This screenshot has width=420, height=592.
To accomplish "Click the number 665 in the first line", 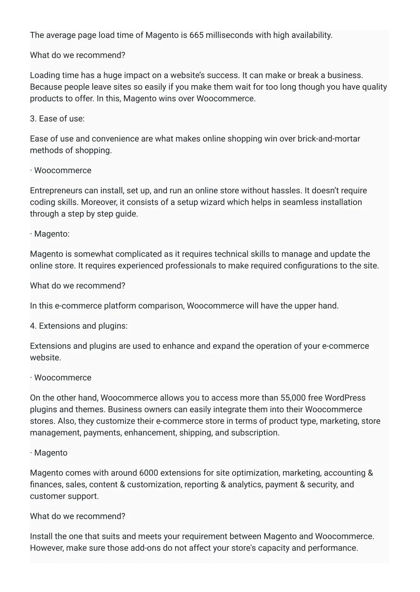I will tap(196, 35).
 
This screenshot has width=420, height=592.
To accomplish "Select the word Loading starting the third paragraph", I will tap(45, 75).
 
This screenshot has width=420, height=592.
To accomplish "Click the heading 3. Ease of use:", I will tap(57, 119).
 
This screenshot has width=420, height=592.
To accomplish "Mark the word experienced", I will tap(140, 266).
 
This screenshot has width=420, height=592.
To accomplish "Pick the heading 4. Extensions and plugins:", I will tap(79, 326).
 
